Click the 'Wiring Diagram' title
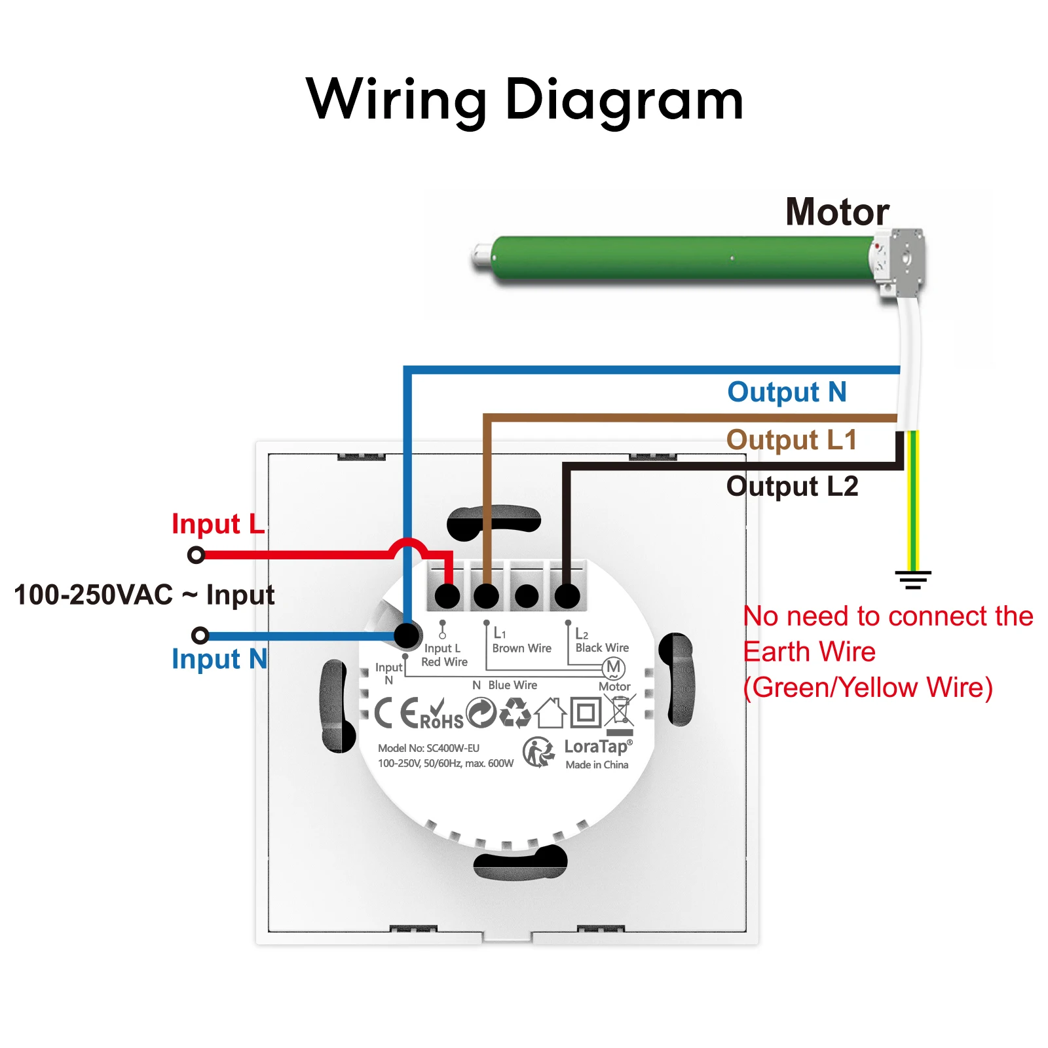tap(525, 100)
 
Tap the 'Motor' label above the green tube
tap(837, 212)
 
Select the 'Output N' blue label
tap(787, 392)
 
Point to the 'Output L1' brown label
tap(791, 440)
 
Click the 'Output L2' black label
tap(792, 486)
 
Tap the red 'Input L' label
tap(218, 524)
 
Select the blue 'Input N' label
tap(219, 659)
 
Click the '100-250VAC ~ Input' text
tap(144, 595)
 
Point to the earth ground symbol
tap(913, 580)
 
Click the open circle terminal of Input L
tap(196, 555)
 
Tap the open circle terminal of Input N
tap(200, 635)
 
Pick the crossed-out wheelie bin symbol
tap(620, 715)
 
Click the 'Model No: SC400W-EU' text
tap(428, 748)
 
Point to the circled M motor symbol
tap(614, 667)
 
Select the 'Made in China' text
tap(597, 764)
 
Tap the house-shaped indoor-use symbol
tap(551, 713)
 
